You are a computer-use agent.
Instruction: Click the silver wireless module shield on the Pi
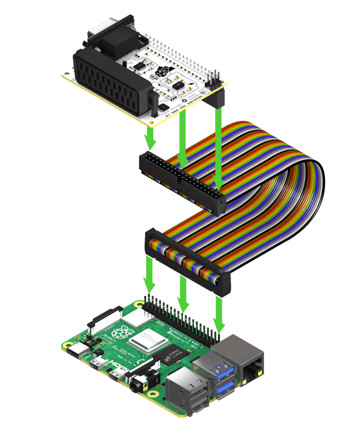point(133,317)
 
